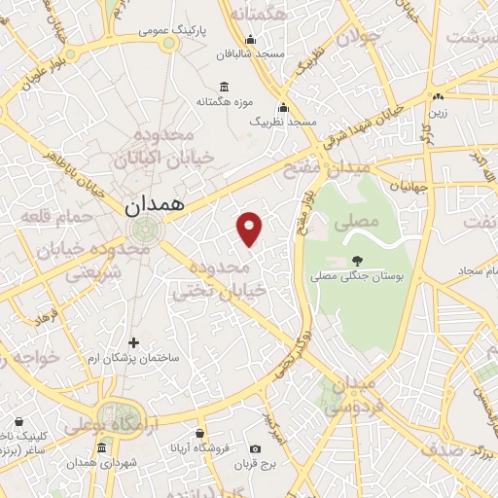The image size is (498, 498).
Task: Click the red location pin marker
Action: pos(251,229)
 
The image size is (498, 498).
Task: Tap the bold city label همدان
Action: pos(153,207)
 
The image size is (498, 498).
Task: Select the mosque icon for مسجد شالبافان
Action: pos(250,40)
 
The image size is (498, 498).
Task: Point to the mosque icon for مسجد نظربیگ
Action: pos(283,108)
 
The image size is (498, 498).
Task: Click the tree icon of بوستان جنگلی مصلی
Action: pos(356,260)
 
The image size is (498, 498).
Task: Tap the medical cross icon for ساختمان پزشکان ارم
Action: pos(133,342)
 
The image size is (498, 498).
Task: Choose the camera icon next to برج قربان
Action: pos(255,449)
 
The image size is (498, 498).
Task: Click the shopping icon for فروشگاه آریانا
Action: pos(199,433)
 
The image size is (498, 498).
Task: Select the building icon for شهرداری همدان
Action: pos(102,447)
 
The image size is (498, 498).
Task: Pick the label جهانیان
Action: pos(409,184)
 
